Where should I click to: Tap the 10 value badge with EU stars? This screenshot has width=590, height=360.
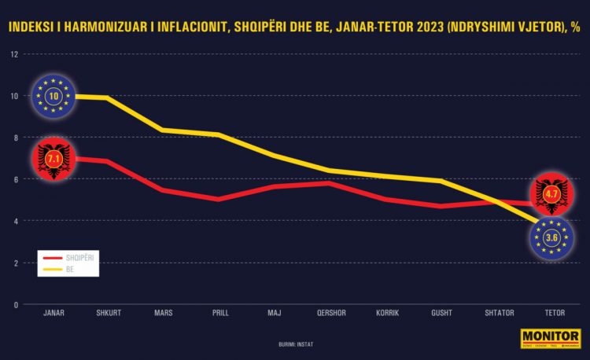tap(53, 96)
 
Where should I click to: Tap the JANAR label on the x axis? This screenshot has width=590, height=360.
tap(53, 313)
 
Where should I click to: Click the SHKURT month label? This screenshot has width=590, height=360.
tap(109, 313)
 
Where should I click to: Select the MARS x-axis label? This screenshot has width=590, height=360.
tap(164, 313)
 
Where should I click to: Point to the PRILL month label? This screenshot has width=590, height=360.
tap(219, 313)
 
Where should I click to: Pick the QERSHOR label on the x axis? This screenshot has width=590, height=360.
tap(330, 313)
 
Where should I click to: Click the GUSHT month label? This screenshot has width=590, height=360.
tap(441, 313)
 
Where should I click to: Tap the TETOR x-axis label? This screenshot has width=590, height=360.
tap(551, 313)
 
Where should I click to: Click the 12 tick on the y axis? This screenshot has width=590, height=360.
tap(14, 54)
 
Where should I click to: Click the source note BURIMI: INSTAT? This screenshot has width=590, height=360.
tap(296, 344)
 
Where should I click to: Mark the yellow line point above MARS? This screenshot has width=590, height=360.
tap(164, 130)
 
